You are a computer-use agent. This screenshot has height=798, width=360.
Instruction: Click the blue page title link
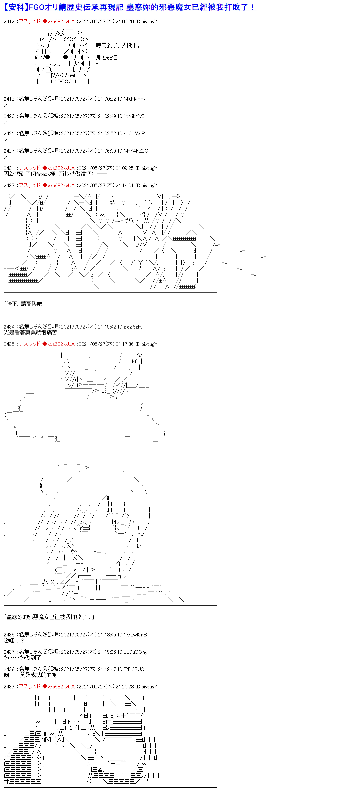(x=130, y=7)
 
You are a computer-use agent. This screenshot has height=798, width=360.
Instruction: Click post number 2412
(x=9, y=22)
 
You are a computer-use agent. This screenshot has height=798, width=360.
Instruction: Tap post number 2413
(x=9, y=99)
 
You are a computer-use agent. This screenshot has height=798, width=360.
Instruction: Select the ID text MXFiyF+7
(x=134, y=99)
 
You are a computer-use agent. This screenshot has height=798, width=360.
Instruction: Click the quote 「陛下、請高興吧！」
(x=27, y=304)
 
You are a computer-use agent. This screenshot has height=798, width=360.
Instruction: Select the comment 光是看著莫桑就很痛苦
(x=30, y=333)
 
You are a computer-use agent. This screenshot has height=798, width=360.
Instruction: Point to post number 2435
(x=9, y=344)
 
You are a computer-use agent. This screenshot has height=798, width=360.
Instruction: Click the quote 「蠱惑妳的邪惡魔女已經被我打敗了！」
(x=49, y=617)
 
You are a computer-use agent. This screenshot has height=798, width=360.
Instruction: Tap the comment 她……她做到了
(x=22, y=658)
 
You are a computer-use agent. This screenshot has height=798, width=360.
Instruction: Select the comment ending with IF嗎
(x=30, y=675)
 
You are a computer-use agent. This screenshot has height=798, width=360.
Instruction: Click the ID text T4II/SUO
(x=134, y=669)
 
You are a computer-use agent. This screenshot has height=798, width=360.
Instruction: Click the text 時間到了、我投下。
(x=118, y=45)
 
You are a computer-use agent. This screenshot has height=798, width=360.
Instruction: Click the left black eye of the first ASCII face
(x=48, y=57)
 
